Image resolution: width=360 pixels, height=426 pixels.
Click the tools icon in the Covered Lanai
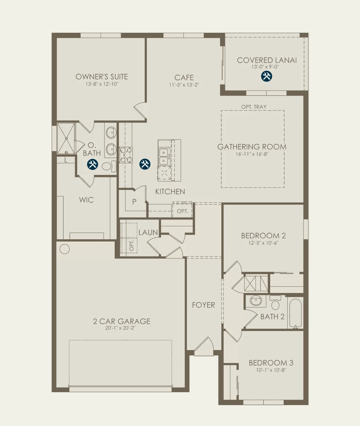267,76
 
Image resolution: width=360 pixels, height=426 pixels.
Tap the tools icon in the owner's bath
93,164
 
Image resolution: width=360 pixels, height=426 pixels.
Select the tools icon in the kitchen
145,164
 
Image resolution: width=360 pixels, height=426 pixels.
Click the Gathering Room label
252,147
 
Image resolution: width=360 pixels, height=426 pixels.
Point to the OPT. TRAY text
254,107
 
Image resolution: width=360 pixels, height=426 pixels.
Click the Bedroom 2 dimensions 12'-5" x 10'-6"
263,243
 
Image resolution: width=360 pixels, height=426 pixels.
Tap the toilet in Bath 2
275,303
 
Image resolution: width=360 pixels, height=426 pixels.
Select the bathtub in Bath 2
295,314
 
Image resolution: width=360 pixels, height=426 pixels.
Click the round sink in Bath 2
256,300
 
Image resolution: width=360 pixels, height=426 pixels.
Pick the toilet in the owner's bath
109,166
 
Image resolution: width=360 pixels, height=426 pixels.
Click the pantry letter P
134,202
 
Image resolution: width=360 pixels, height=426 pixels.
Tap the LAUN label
148,232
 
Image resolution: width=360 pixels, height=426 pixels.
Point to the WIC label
86,200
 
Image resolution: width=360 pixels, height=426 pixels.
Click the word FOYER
203,305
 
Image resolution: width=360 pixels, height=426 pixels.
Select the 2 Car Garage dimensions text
120,328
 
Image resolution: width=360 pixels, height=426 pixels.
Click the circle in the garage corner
65,249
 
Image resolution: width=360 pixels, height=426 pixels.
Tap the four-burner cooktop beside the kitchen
126,155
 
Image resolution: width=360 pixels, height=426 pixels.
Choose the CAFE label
184,78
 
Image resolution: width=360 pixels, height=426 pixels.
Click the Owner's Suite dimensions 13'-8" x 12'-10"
102,84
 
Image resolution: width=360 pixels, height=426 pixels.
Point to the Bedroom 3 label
271,363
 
